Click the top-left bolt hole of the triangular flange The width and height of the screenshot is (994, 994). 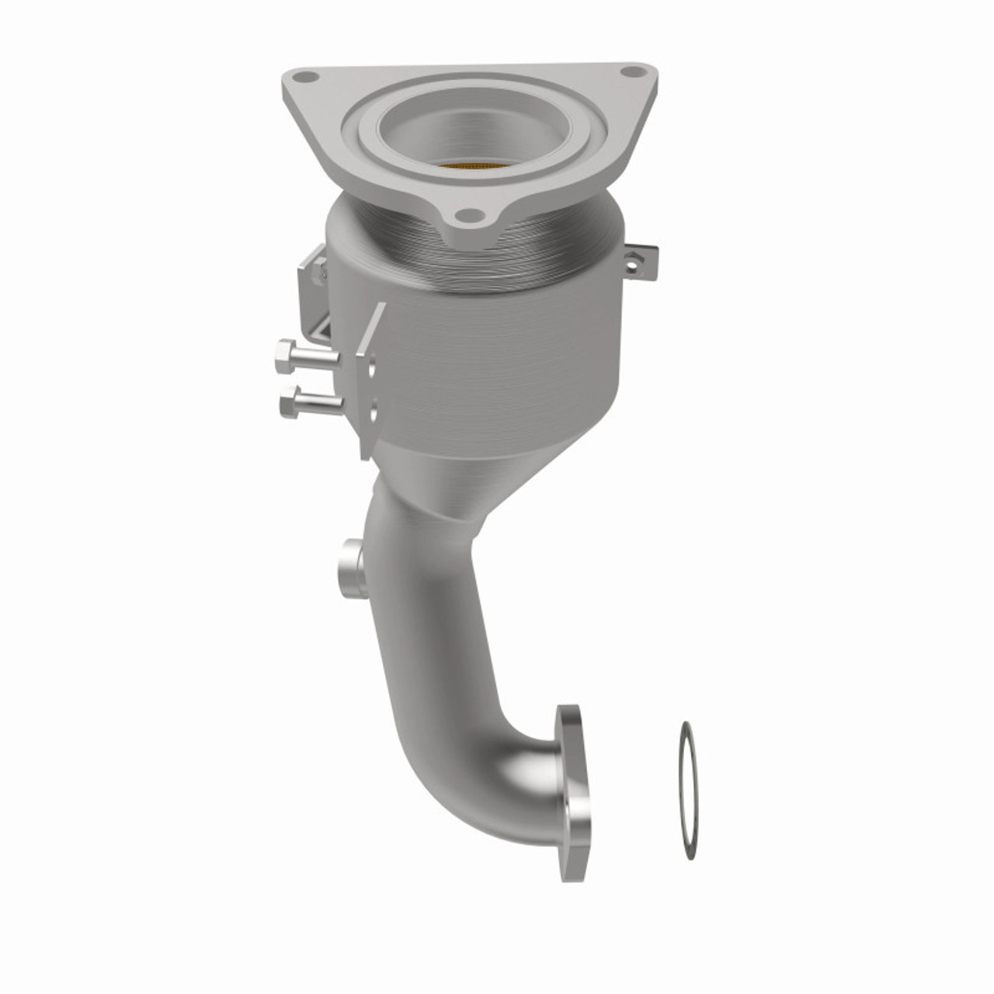tap(307, 77)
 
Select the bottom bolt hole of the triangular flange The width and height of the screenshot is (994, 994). tap(466, 214)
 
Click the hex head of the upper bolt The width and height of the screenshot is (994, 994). tap(284, 357)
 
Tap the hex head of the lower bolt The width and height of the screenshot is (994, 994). tap(287, 402)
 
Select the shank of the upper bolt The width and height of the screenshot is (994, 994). tap(320, 358)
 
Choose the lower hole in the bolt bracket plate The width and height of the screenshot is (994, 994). tap(374, 411)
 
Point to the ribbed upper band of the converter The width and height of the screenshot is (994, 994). tap(481, 256)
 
